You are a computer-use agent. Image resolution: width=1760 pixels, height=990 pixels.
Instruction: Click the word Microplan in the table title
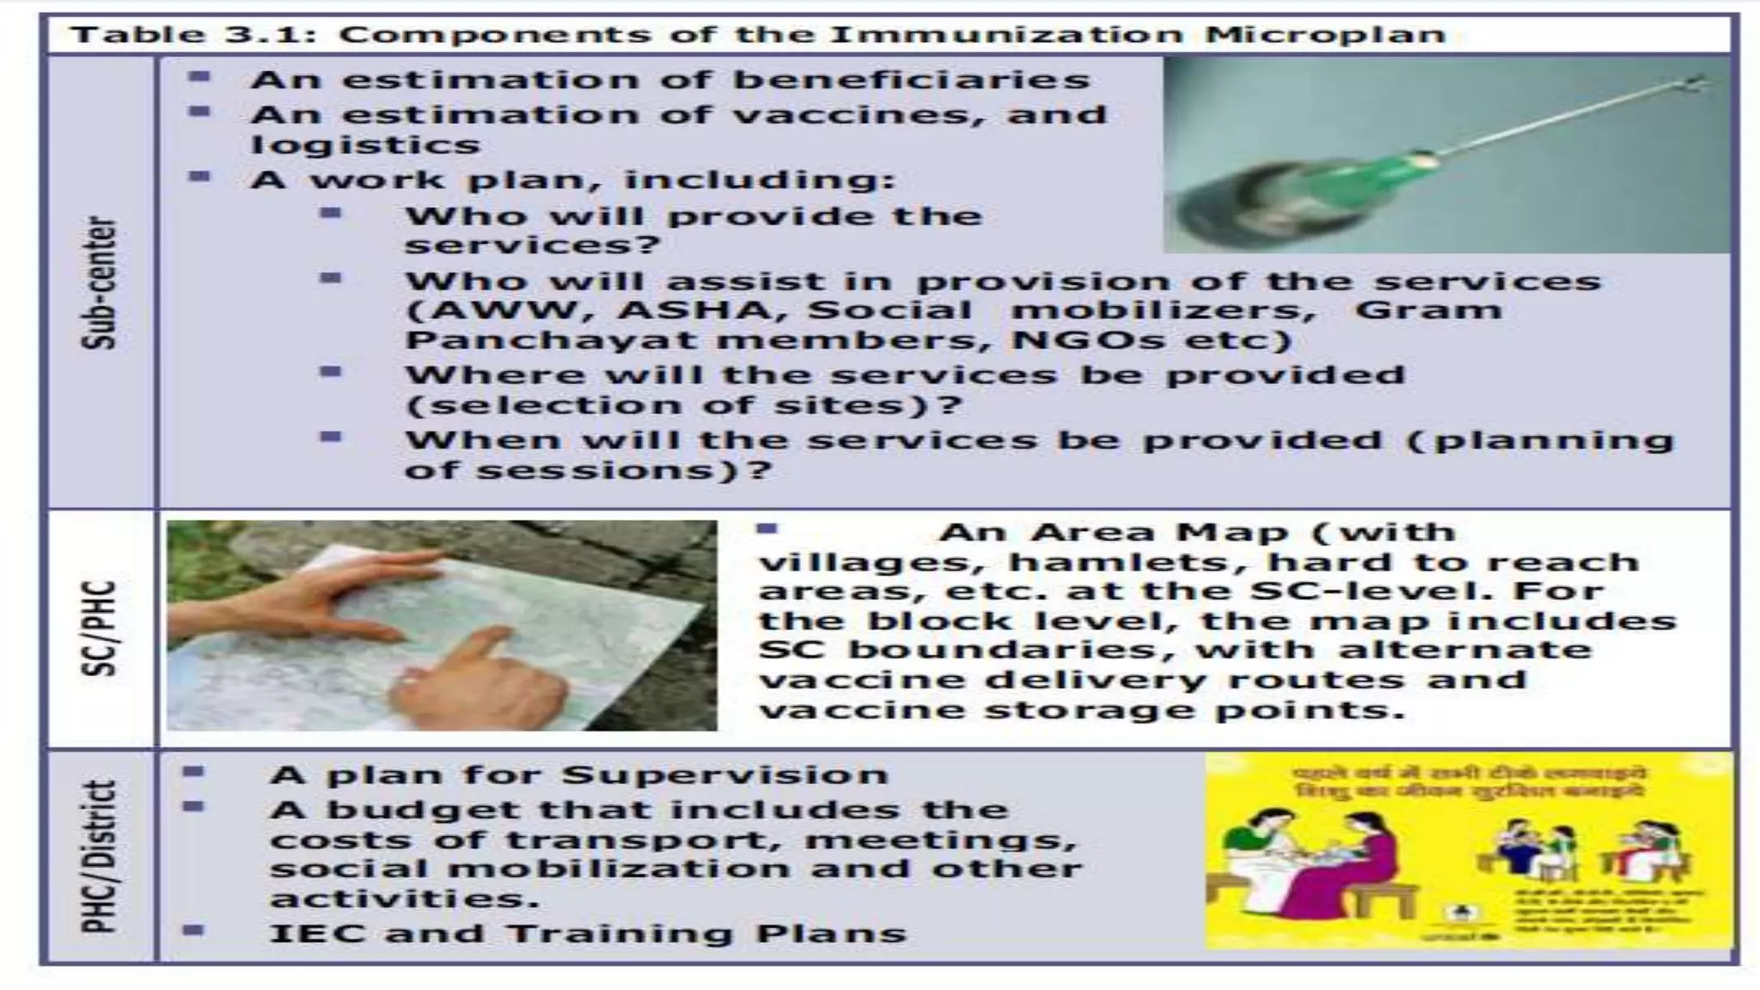point(1324,35)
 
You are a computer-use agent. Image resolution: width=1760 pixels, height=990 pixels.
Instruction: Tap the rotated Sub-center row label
point(100,283)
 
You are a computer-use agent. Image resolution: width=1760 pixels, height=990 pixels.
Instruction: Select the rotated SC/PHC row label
point(100,628)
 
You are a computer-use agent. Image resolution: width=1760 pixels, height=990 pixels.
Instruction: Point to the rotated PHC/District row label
point(100,856)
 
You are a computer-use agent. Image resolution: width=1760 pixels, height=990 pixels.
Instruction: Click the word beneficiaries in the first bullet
point(911,80)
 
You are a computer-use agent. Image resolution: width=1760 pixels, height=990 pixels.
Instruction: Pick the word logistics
point(365,144)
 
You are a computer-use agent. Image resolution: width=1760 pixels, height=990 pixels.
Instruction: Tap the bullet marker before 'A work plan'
point(200,177)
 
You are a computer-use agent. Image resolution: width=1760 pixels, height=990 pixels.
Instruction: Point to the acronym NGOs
point(1088,340)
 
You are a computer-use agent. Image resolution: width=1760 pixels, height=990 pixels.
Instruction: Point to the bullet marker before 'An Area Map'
point(767,529)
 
